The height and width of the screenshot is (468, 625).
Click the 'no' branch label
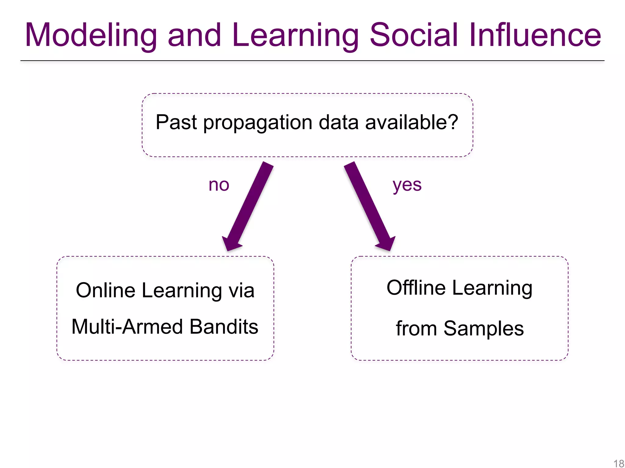[219, 185]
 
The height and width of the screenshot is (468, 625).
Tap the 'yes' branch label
[407, 185]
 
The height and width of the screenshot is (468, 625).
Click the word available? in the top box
[412, 122]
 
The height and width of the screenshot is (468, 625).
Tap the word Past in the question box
[176, 122]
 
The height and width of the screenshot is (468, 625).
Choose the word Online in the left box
[105, 290]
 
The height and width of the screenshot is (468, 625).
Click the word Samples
[484, 329]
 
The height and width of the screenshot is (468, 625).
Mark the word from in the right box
[416, 329]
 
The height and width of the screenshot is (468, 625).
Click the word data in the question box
[338, 122]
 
